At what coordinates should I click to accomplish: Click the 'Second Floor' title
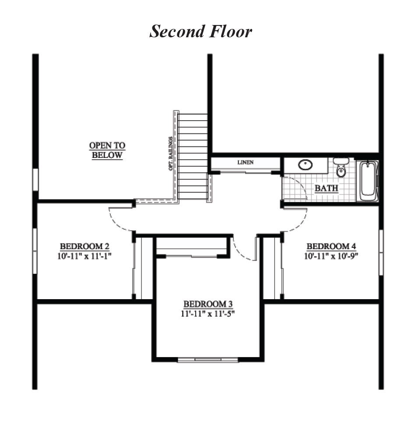click(x=201, y=32)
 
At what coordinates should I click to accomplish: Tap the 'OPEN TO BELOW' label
click(x=107, y=150)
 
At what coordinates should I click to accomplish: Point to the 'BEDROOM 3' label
click(x=208, y=304)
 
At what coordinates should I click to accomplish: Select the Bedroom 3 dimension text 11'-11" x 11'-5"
click(x=208, y=313)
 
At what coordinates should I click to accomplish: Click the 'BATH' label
click(x=326, y=189)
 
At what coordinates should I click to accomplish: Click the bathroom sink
click(x=305, y=165)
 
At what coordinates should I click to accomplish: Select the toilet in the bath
click(x=341, y=168)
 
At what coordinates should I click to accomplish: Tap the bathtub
click(x=368, y=181)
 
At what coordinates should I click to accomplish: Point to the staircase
click(x=193, y=156)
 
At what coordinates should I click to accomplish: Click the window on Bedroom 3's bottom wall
click(x=208, y=360)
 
